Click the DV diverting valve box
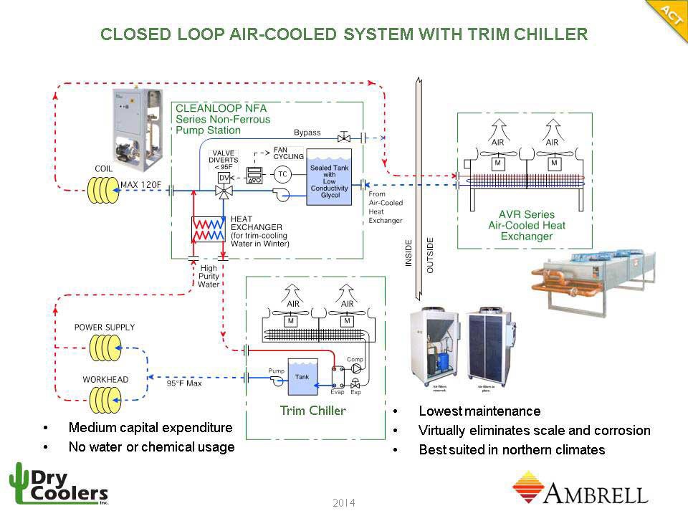pyautogui.click(x=224, y=176)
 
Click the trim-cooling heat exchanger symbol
pyautogui.click(x=209, y=229)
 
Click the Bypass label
pyautogui.click(x=307, y=133)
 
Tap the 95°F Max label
pyautogui.click(x=184, y=383)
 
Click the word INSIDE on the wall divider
pyautogui.click(x=409, y=254)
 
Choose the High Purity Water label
pyautogui.click(x=209, y=276)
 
